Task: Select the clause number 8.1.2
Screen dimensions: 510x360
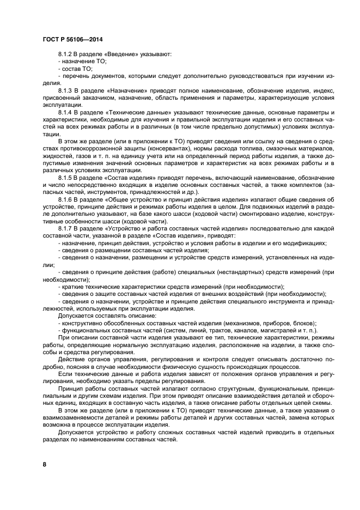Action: coord(65,54)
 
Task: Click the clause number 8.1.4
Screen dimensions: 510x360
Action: coord(65,111)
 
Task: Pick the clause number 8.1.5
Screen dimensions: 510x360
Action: coord(65,178)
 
